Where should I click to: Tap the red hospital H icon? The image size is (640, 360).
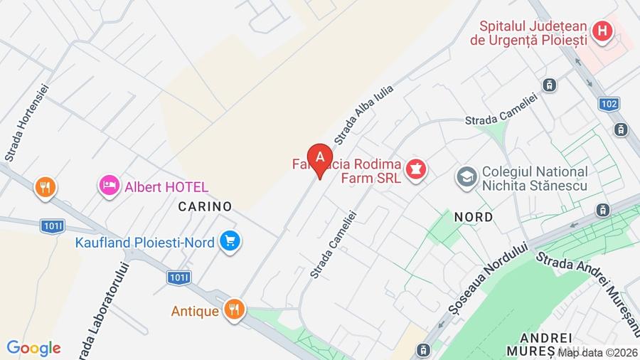click(602, 31)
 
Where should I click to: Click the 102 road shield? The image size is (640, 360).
click(609, 104)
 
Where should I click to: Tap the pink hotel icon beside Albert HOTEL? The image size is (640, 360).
click(109, 186)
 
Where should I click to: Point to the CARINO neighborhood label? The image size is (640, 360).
click(205, 206)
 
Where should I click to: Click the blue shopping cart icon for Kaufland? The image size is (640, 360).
click(229, 241)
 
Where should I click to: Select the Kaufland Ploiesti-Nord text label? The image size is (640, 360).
click(144, 243)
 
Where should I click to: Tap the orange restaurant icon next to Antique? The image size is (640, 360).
click(233, 309)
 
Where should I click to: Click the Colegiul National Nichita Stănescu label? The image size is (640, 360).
click(534, 179)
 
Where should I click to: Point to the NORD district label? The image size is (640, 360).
click(473, 217)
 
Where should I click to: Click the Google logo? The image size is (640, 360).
click(33, 348)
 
